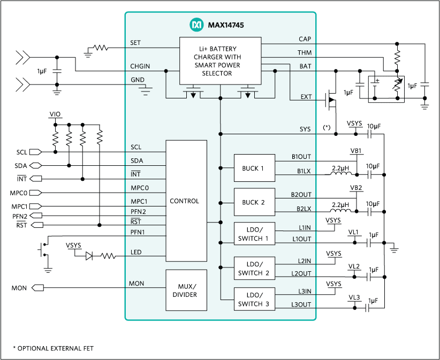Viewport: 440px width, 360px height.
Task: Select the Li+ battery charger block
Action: click(x=220, y=60)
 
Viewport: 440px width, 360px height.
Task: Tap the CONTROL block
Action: click(x=186, y=201)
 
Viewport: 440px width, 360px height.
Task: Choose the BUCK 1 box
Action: click(x=254, y=168)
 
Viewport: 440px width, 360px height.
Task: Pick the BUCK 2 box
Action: click(x=254, y=202)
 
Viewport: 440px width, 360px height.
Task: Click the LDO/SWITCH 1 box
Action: click(x=254, y=234)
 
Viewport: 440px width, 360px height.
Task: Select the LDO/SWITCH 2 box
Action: click(x=254, y=269)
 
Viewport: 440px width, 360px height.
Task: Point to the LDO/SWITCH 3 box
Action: click(x=254, y=300)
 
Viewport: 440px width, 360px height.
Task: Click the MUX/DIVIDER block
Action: click(x=186, y=290)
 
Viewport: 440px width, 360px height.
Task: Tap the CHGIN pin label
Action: click(x=140, y=66)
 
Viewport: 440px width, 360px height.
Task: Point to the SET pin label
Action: click(x=136, y=43)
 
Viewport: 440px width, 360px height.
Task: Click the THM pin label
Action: click(x=305, y=53)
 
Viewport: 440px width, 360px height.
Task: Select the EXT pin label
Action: click(x=306, y=97)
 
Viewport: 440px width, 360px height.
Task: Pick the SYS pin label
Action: click(x=305, y=129)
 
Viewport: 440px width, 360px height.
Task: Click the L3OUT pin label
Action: click(x=301, y=305)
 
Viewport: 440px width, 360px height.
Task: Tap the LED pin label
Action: click(x=136, y=252)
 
